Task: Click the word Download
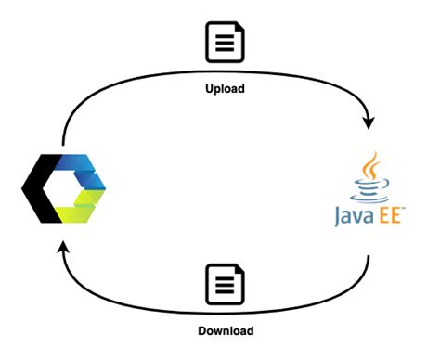(225, 331)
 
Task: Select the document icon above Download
(224, 284)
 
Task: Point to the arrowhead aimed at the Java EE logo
(372, 122)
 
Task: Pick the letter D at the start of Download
(201, 331)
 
